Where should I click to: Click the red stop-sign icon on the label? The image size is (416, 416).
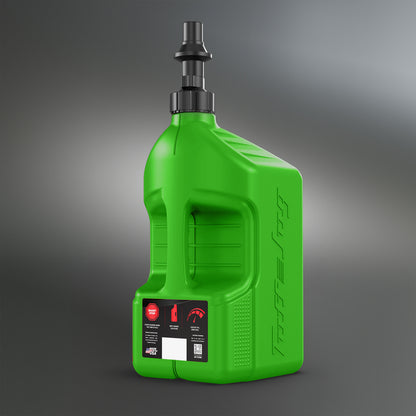(x=152, y=310)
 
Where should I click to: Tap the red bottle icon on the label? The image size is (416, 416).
(x=176, y=311)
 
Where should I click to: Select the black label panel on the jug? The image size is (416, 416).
(x=175, y=330)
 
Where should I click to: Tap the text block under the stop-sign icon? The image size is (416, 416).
(x=152, y=328)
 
